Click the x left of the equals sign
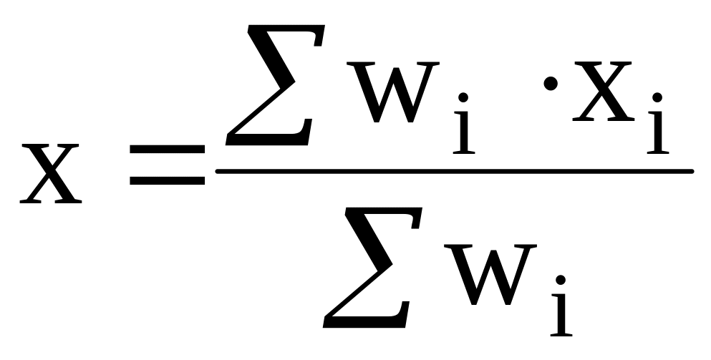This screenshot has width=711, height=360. (51, 174)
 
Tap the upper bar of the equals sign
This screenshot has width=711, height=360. (168, 149)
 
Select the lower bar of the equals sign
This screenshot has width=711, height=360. (168, 180)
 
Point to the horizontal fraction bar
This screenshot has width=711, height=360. (455, 171)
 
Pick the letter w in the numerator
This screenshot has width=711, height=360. (393, 92)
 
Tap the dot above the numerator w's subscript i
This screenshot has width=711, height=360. (463, 97)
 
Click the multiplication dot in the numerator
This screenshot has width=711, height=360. (551, 84)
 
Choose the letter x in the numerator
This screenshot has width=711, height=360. (603, 91)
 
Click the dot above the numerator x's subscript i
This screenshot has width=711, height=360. (657, 97)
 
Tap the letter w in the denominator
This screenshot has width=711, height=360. (490, 275)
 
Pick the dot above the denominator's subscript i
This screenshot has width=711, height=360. (561, 280)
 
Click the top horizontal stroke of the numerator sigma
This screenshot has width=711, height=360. (286, 28)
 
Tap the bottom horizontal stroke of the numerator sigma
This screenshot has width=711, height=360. (268, 140)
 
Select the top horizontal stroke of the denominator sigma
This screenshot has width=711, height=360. (384, 211)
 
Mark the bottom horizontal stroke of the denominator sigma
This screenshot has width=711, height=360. (365, 322)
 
